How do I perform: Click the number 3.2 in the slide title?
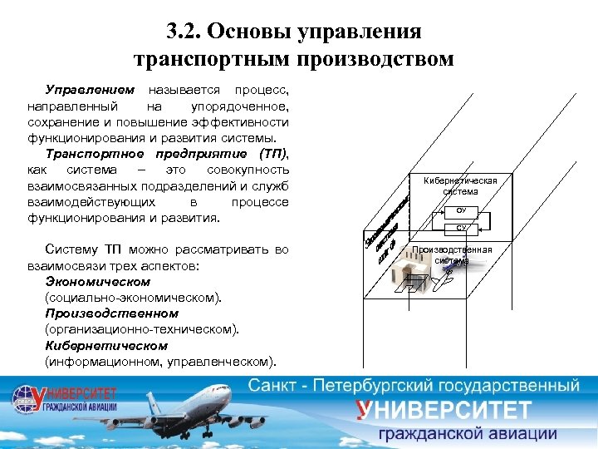pyautogui.click(x=182, y=32)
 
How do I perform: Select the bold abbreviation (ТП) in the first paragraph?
pyautogui.click(x=272, y=154)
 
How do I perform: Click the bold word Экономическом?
pyautogui.click(x=98, y=282)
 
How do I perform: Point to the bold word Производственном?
pyautogui.click(x=111, y=313)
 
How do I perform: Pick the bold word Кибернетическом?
pyautogui.click(x=106, y=345)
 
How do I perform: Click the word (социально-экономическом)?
pyautogui.click(x=134, y=297)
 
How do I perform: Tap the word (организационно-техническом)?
pyautogui.click(x=142, y=329)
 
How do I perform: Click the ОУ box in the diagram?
pyautogui.click(x=461, y=211)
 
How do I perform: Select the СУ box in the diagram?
pyautogui.click(x=461, y=227)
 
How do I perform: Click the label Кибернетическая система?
pyautogui.click(x=460, y=185)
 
